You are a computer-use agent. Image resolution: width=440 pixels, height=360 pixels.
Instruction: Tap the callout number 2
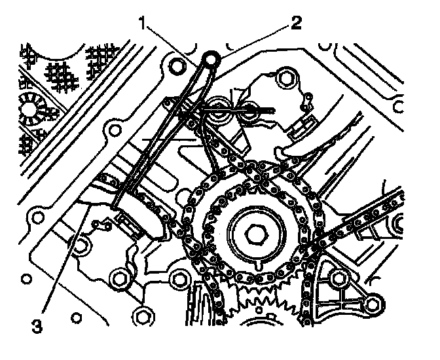pyautogui.click(x=297, y=24)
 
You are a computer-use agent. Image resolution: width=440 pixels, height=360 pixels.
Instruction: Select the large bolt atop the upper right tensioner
pyautogui.click(x=284, y=79)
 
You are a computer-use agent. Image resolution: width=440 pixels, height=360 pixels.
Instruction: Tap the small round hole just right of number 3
pyautogui.click(x=81, y=246)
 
